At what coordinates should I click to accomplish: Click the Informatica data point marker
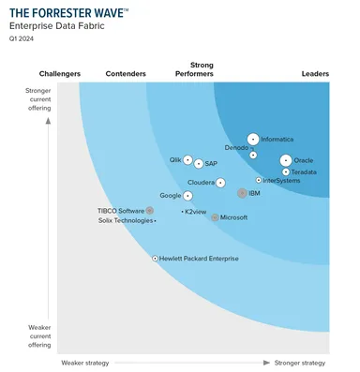coord(253,139)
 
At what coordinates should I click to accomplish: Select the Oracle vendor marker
coord(286,160)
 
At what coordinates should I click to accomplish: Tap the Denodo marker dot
coord(253,155)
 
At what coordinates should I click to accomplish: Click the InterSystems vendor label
coord(282,180)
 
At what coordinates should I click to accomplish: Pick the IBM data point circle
coord(242,193)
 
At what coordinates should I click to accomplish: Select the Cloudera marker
coord(221,183)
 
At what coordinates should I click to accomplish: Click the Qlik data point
coord(187,160)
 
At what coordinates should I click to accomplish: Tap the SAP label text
coord(211,164)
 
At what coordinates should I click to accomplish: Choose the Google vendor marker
coord(187,196)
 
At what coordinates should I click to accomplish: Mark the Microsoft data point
coord(215,217)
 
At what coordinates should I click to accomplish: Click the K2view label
coord(198,212)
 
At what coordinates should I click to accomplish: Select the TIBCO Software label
coord(121,211)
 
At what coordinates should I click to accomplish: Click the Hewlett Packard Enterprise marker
coord(156,258)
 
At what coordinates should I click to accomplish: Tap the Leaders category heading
coord(315,73)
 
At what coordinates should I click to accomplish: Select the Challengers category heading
coord(59,73)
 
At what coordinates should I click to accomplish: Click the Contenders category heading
coord(126,73)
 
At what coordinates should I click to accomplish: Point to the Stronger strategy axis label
coord(300,362)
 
